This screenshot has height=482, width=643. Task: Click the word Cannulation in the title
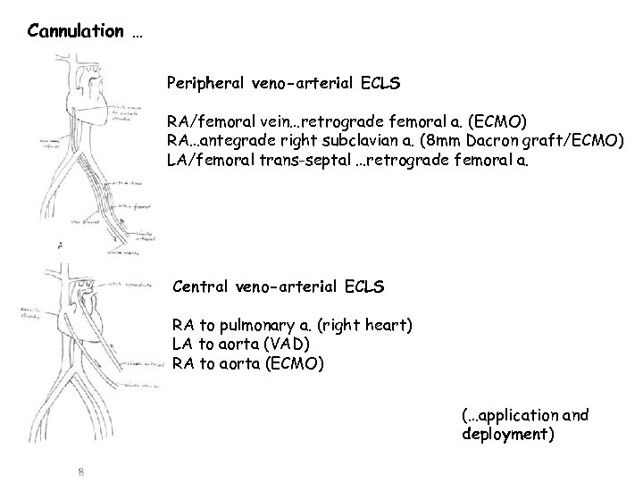point(76,32)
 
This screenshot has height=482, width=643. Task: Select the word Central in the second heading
point(201,287)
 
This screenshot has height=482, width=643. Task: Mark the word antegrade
point(236,140)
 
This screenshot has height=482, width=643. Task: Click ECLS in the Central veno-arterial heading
point(365,287)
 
